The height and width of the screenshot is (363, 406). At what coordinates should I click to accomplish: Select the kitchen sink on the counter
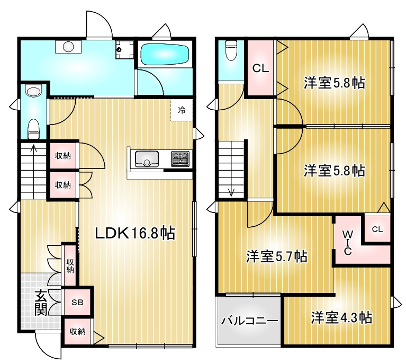pyautogui.click(x=147, y=158)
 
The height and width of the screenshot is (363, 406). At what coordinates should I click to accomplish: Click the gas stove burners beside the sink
pyautogui.click(x=180, y=158)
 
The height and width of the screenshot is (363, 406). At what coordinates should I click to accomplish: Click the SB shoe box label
pyautogui.click(x=77, y=304)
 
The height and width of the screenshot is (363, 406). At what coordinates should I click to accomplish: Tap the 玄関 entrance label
pyautogui.click(x=41, y=304)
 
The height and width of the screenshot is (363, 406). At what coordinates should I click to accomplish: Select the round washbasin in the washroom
pyautogui.click(x=68, y=47)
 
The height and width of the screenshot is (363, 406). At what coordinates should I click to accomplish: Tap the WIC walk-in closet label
pyautogui.click(x=347, y=242)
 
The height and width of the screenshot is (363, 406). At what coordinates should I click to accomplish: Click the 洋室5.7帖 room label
pyautogui.click(x=276, y=256)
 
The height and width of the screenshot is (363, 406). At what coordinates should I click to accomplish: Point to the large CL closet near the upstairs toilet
pyautogui.click(x=259, y=68)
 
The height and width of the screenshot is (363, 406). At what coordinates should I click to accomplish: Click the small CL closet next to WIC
pyautogui.click(x=377, y=229)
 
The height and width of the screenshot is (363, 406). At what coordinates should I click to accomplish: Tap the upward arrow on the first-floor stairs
pyautogui.click(x=33, y=149)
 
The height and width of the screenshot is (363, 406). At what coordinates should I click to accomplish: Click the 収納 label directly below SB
pyautogui.click(x=77, y=332)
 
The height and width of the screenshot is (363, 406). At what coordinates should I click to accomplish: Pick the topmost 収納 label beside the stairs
pyautogui.click(x=63, y=156)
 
